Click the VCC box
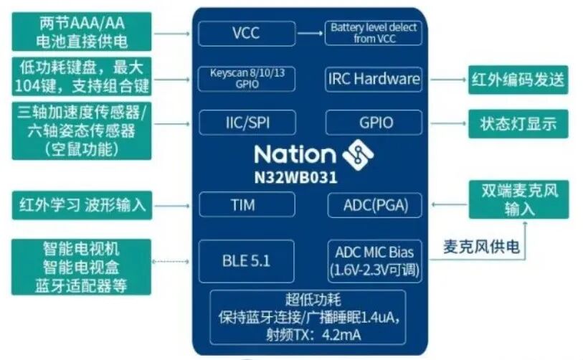coord(247,33)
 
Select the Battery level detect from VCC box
coord(374,33)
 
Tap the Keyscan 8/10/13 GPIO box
coord(247,78)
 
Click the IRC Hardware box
coord(374,78)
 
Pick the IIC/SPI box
coord(247,123)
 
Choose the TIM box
coord(247,205)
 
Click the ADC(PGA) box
coord(374,205)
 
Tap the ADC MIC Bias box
coord(374,261)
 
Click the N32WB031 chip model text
coord(296,175)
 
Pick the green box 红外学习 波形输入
coord(81,205)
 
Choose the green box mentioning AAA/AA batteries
coord(81,32)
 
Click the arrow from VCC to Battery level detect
coord(310,33)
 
